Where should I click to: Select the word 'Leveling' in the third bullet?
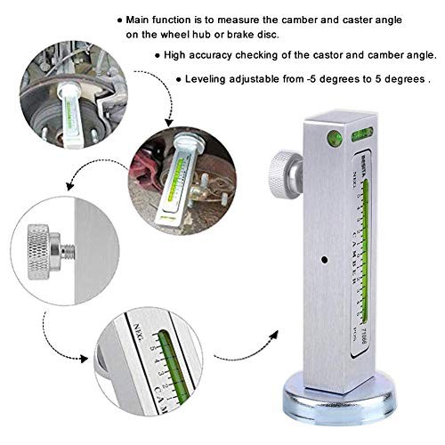211,78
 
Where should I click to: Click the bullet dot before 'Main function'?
120,19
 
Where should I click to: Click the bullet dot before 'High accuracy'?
157,55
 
